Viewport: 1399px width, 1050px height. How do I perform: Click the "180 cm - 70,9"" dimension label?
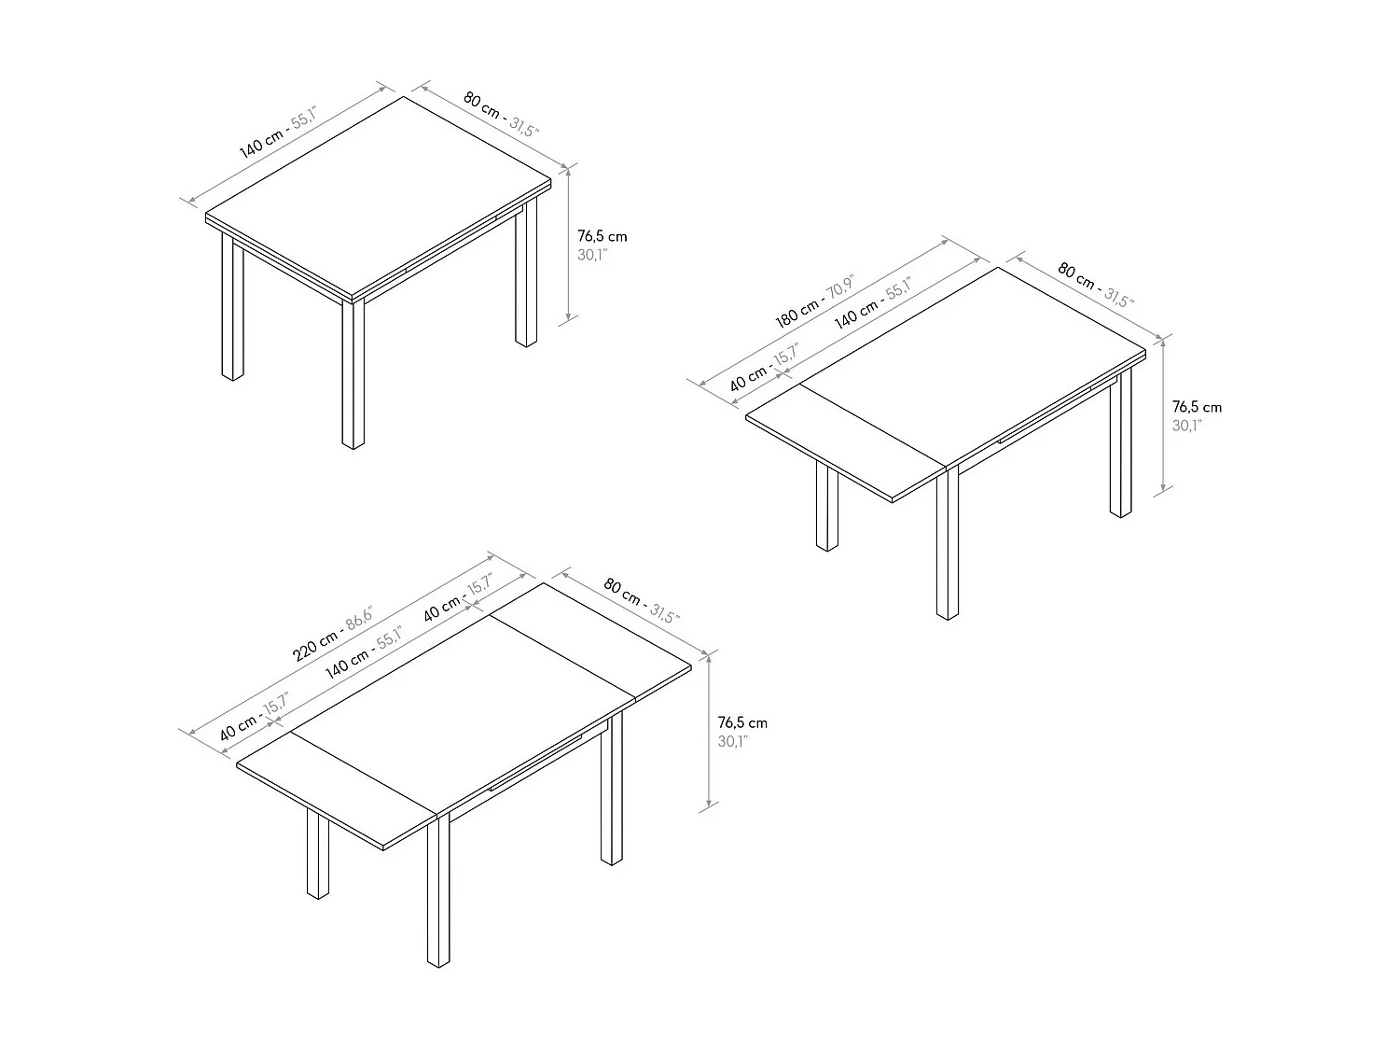pyautogui.click(x=814, y=301)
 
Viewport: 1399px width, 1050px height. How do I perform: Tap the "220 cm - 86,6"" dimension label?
pyautogui.click(x=332, y=635)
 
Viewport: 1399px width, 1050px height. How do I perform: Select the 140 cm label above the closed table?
pyautogui.click(x=278, y=133)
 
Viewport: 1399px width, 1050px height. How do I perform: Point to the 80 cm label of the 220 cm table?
pyautogui.click(x=641, y=600)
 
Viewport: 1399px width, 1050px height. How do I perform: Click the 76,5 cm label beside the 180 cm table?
pyautogui.click(x=1197, y=407)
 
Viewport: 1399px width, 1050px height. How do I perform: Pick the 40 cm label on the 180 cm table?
pyautogui.click(x=764, y=367)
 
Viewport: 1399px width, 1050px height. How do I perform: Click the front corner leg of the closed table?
pyautogui.click(x=353, y=373)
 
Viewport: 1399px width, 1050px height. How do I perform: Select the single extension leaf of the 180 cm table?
pyautogui.click(x=846, y=442)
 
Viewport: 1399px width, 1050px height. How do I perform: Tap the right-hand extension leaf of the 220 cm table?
pyautogui.click(x=590, y=640)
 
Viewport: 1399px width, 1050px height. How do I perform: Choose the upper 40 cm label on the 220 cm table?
pyautogui.click(x=458, y=597)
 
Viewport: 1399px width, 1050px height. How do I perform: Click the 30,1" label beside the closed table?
pyautogui.click(x=592, y=255)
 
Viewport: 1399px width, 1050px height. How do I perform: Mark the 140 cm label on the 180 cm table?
pyautogui.click(x=873, y=302)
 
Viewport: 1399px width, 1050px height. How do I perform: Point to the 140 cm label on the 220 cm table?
pyautogui.click(x=364, y=652)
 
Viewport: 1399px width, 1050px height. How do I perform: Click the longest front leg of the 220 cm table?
pyautogui.click(x=438, y=890)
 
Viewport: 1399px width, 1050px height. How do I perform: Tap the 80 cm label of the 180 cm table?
pyautogui.click(x=1096, y=285)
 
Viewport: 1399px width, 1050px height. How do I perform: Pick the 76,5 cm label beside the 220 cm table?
pyautogui.click(x=742, y=723)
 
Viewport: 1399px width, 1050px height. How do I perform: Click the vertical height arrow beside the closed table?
pyautogui.click(x=568, y=243)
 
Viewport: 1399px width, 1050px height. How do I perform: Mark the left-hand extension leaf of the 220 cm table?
pyautogui.click(x=337, y=791)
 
